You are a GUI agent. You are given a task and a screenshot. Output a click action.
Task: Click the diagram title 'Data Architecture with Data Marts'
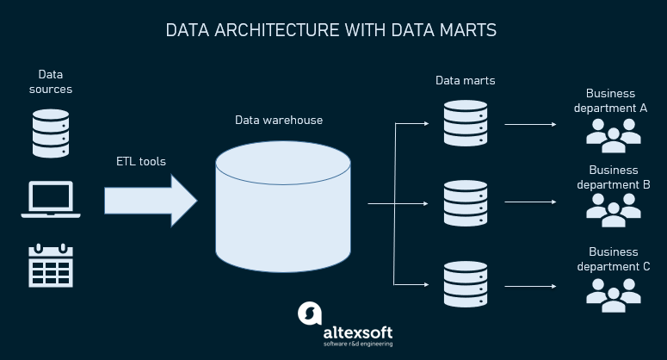331,31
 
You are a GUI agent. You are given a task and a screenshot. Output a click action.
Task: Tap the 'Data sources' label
51,82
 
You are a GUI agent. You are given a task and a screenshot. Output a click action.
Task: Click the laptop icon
51,199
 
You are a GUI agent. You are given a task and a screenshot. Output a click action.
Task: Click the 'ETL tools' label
141,161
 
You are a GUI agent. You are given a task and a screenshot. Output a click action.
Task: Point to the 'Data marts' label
465,81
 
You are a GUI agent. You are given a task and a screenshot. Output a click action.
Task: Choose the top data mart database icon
465,123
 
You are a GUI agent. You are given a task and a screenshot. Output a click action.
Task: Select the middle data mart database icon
465,203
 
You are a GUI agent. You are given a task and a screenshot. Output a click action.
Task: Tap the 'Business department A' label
610,101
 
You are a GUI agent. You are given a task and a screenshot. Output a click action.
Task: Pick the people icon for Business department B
614,208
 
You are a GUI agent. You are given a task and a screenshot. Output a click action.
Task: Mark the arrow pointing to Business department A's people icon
530,124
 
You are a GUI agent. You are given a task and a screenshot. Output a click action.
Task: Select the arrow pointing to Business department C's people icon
530,284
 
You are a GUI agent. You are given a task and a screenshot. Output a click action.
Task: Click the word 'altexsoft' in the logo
357,330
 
